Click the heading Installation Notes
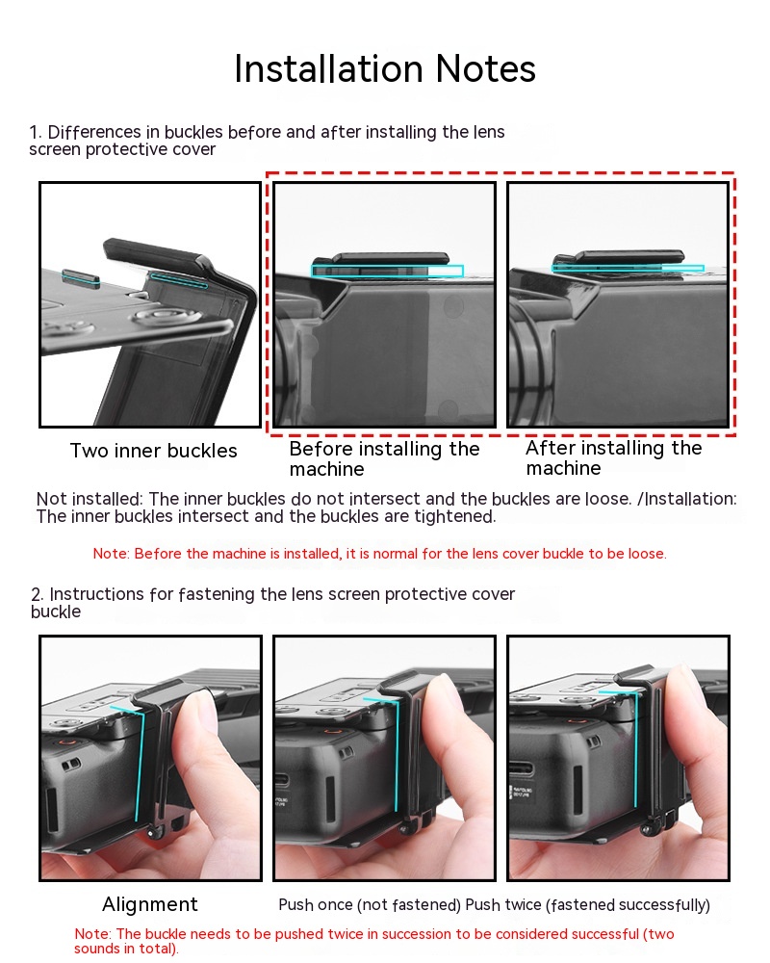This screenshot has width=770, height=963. (385, 68)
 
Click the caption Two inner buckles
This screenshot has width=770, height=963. (153, 451)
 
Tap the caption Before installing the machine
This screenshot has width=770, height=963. (384, 458)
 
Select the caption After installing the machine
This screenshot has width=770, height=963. (613, 457)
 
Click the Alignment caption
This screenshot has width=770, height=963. (150, 904)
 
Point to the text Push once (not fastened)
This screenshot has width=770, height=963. (370, 904)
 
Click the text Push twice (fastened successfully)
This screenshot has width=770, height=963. (588, 904)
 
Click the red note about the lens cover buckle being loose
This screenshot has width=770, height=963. (379, 554)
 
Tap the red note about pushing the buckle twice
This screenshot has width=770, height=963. (374, 941)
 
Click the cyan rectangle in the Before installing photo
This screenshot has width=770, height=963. (387, 271)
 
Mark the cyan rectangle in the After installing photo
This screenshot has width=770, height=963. (628, 268)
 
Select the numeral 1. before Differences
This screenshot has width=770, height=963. (36, 132)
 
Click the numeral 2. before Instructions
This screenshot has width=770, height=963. (37, 594)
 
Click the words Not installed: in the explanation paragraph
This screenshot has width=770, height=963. (90, 499)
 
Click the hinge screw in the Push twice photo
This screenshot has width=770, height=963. (647, 830)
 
